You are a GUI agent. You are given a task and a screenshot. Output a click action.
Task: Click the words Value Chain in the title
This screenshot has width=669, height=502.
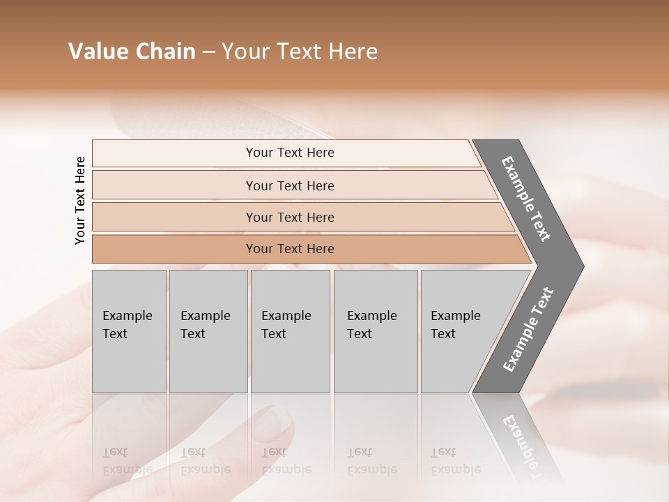(x=132, y=52)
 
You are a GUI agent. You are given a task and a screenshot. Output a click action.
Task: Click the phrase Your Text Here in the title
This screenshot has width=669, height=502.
(x=300, y=52)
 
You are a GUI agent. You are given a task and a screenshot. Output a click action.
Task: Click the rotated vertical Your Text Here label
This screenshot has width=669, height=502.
(x=80, y=200)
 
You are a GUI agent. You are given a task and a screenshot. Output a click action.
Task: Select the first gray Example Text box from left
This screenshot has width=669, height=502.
(x=129, y=330)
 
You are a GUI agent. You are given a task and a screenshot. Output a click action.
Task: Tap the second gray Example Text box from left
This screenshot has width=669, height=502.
(x=208, y=330)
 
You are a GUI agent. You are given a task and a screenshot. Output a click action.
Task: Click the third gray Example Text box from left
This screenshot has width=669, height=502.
(x=290, y=330)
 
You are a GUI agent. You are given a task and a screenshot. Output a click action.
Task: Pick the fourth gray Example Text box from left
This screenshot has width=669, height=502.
(x=376, y=330)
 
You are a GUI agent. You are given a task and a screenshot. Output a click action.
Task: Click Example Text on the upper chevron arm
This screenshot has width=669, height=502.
(x=526, y=199)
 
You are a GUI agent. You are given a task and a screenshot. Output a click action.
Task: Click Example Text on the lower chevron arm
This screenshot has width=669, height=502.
(x=528, y=330)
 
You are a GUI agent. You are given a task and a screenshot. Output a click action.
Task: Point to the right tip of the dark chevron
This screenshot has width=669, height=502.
(x=582, y=266)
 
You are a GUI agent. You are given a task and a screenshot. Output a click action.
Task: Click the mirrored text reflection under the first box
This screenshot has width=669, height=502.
(x=127, y=460)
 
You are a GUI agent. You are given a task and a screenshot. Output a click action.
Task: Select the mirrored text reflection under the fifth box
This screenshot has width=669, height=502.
(x=455, y=460)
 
